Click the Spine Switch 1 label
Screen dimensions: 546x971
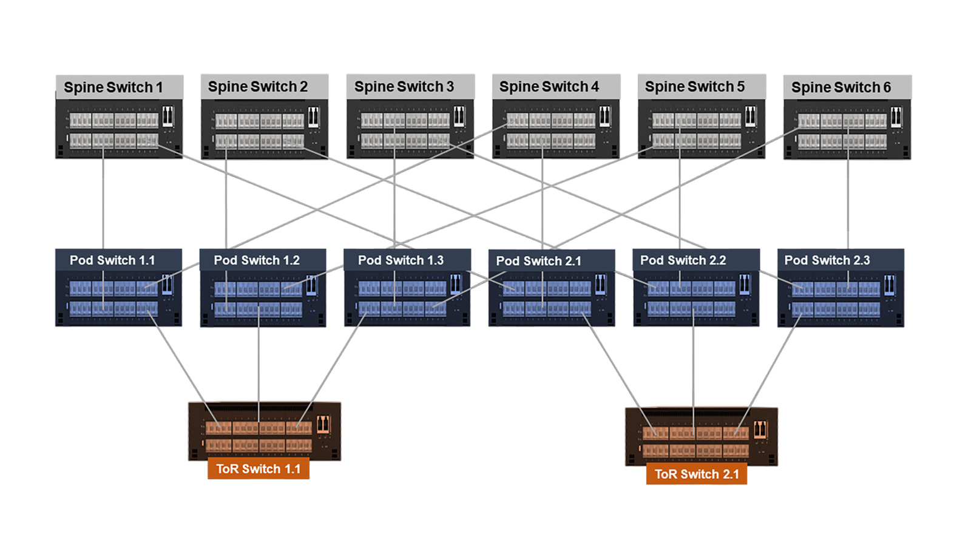click(113, 87)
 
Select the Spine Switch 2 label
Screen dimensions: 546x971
click(257, 87)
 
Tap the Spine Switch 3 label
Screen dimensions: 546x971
click(404, 87)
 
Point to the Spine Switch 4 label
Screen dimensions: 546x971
click(549, 87)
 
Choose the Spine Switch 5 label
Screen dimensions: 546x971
click(694, 87)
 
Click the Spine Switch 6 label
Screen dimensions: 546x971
click(841, 87)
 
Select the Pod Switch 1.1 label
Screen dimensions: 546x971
click(112, 260)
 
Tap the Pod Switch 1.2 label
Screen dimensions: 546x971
click(257, 260)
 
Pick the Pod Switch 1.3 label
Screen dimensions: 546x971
click(401, 260)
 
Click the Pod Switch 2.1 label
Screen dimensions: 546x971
click(538, 261)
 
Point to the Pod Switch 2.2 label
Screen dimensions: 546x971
click(683, 260)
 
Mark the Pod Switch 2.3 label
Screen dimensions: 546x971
click(827, 260)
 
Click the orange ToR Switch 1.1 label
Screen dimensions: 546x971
click(258, 469)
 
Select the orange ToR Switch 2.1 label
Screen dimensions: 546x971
click(697, 474)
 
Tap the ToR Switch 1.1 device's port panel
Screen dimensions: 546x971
click(259, 436)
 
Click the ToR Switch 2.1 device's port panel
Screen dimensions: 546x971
click(695, 442)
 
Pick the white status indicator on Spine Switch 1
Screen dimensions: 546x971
click(168, 116)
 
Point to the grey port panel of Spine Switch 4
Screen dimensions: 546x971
click(550, 130)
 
